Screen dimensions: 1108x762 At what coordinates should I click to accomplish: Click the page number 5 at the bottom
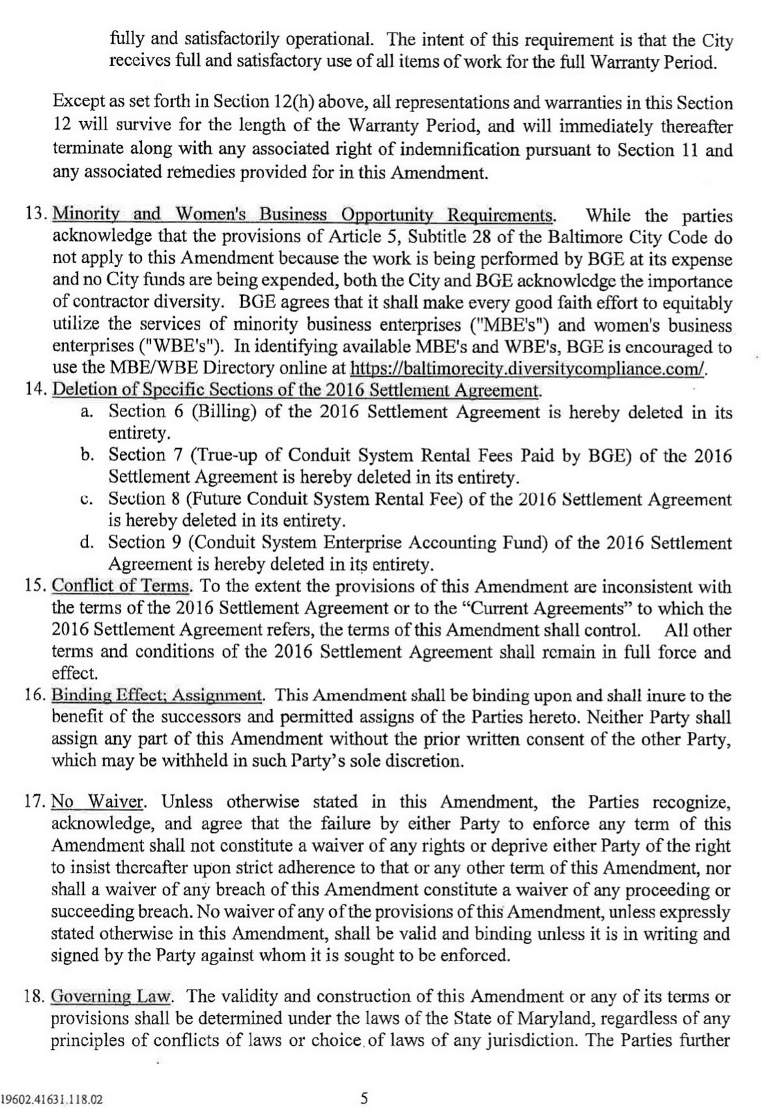coord(364,1098)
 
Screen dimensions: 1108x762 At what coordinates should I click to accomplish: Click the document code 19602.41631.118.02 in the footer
coord(52,1099)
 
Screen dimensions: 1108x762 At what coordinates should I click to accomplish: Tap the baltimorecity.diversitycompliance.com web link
coord(529,368)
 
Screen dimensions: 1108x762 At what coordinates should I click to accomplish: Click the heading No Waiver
coord(98,802)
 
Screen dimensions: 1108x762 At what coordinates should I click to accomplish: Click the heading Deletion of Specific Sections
coord(296,390)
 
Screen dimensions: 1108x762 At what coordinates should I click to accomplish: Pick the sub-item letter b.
coord(87,455)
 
